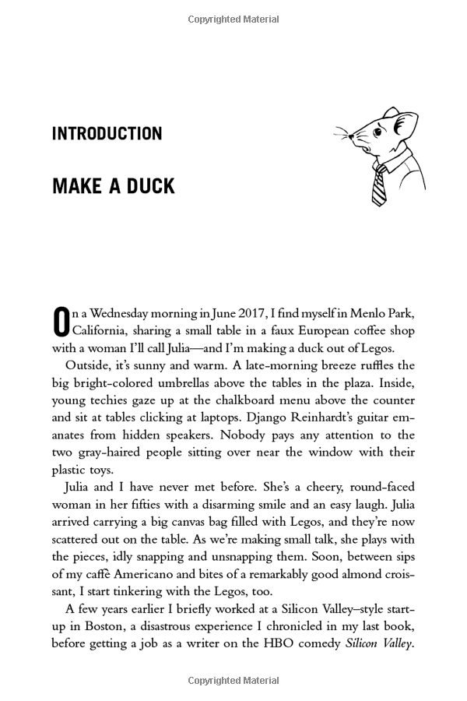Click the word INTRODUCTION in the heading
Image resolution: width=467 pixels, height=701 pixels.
point(107,134)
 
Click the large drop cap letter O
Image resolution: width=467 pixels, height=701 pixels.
point(61,322)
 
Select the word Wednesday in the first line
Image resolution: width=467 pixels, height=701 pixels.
point(128,313)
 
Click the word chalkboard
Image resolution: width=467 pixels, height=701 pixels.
point(209,400)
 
